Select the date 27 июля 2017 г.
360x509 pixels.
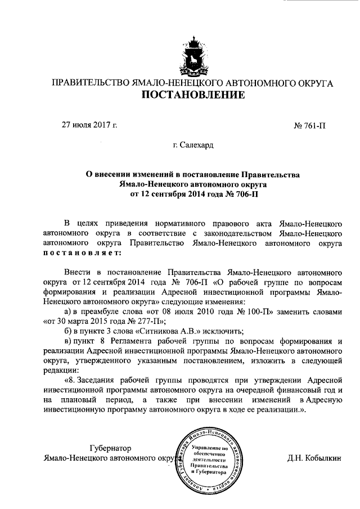(x=89, y=124)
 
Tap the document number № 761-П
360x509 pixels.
(x=310, y=125)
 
